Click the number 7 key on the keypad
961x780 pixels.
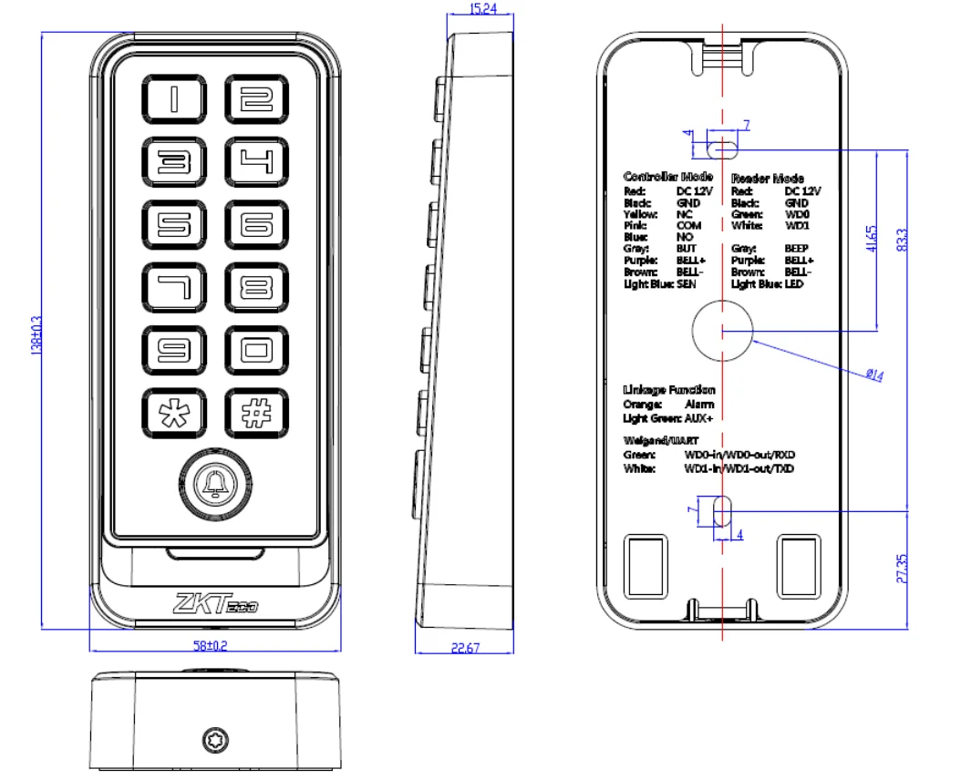(x=173, y=288)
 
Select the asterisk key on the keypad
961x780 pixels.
(x=173, y=413)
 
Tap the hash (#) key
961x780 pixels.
(x=257, y=413)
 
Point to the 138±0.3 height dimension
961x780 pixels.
(x=37, y=334)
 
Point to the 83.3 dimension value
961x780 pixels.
(x=903, y=241)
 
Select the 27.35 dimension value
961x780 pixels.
(x=903, y=567)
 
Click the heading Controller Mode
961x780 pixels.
(x=667, y=177)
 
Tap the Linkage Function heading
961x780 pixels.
(x=668, y=390)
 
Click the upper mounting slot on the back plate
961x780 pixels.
(x=723, y=146)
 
